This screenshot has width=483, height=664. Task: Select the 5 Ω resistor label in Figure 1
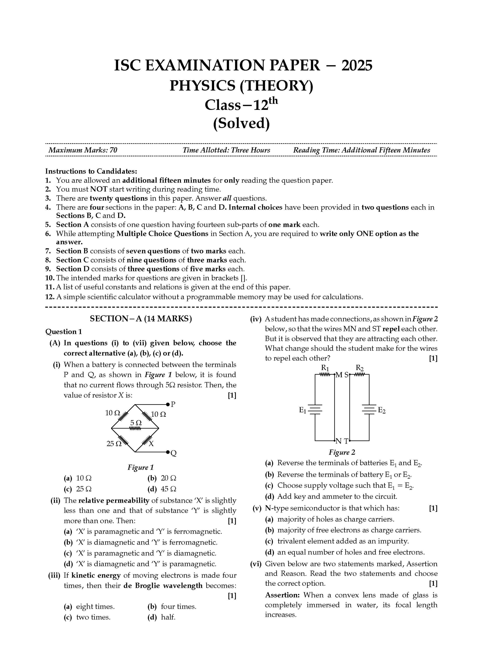click(136, 423)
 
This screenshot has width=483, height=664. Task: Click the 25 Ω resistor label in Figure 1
click(114, 444)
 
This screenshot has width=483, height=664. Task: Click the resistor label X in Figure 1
click(151, 444)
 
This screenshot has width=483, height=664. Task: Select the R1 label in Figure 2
click(325, 368)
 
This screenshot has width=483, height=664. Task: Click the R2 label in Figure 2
click(359, 368)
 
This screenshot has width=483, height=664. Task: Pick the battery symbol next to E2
click(369, 410)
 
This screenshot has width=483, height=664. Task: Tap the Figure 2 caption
click(342, 452)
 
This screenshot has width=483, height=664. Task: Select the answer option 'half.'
click(168, 617)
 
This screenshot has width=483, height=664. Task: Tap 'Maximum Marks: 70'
click(83, 150)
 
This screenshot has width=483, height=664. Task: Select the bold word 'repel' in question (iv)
click(391, 329)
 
